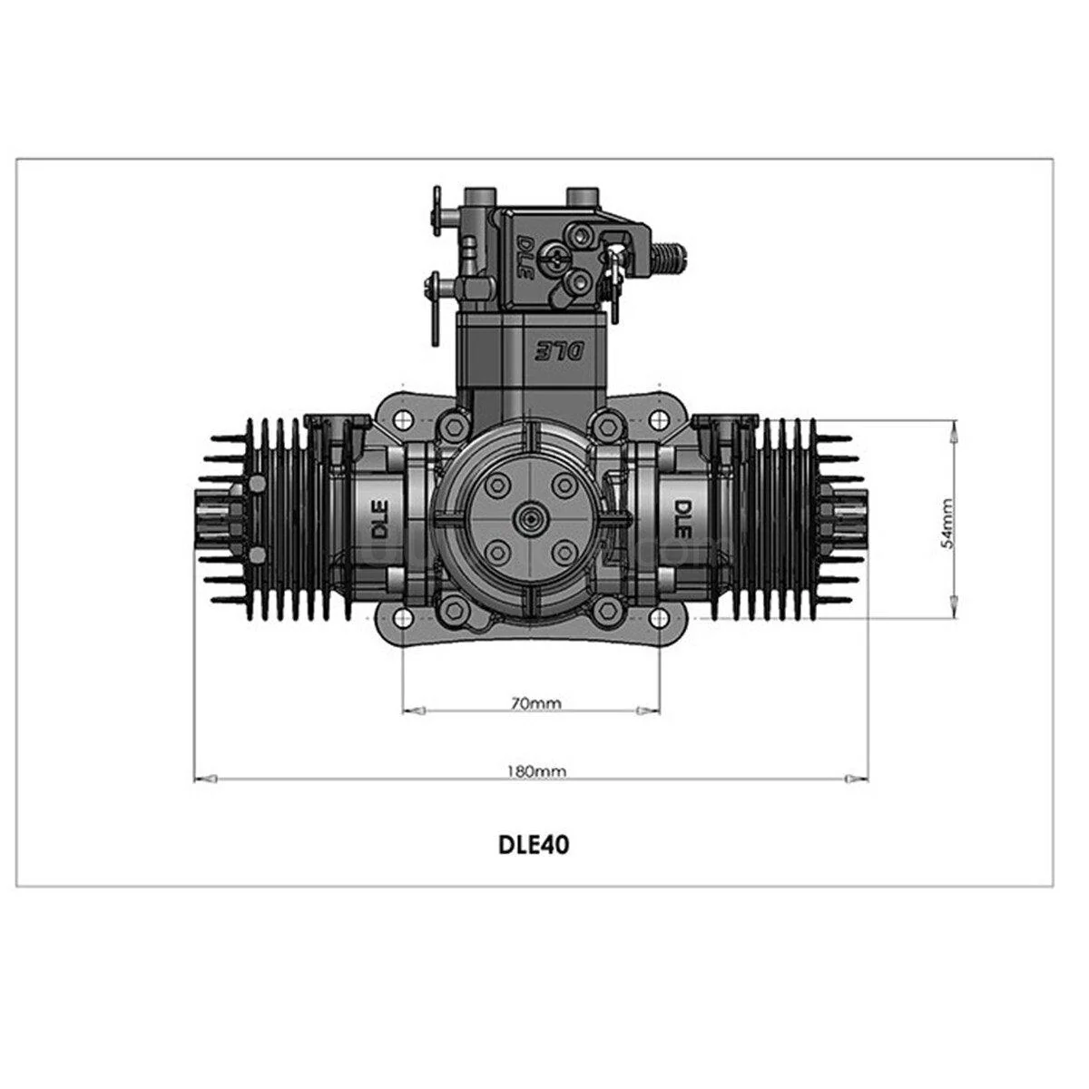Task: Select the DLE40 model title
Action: click(534, 845)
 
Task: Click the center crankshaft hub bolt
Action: click(528, 518)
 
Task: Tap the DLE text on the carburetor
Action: click(525, 254)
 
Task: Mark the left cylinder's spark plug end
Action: click(211, 518)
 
